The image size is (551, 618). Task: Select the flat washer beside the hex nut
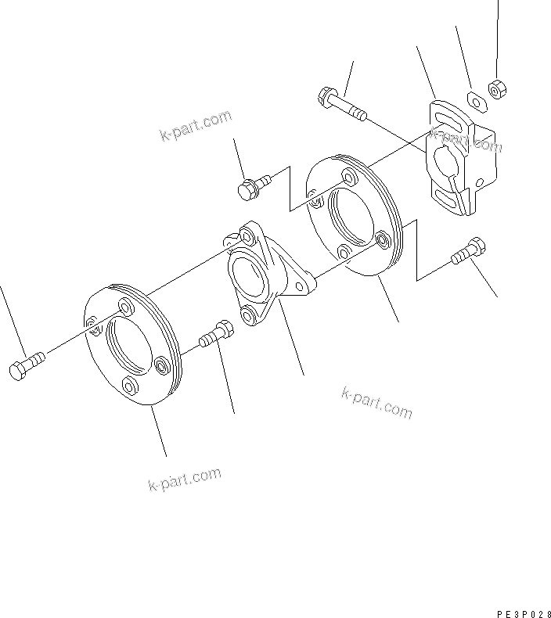[474, 99]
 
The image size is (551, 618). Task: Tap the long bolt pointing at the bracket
[341, 106]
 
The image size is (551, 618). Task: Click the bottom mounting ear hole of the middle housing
[249, 316]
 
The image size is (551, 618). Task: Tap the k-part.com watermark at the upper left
[196, 127]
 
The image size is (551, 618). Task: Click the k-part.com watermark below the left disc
[184, 479]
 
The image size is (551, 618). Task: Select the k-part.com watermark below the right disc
[376, 401]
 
